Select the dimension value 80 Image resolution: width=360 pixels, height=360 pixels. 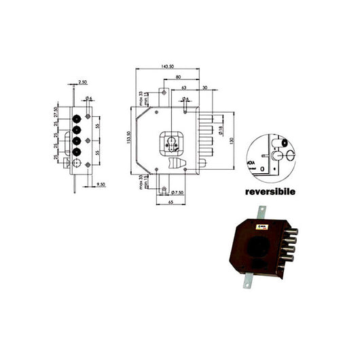(x=179, y=77)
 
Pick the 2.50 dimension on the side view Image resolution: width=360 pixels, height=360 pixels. (x=82, y=82)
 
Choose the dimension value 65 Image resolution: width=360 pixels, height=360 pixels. (x=168, y=202)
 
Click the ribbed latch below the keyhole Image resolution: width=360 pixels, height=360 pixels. (x=178, y=165)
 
